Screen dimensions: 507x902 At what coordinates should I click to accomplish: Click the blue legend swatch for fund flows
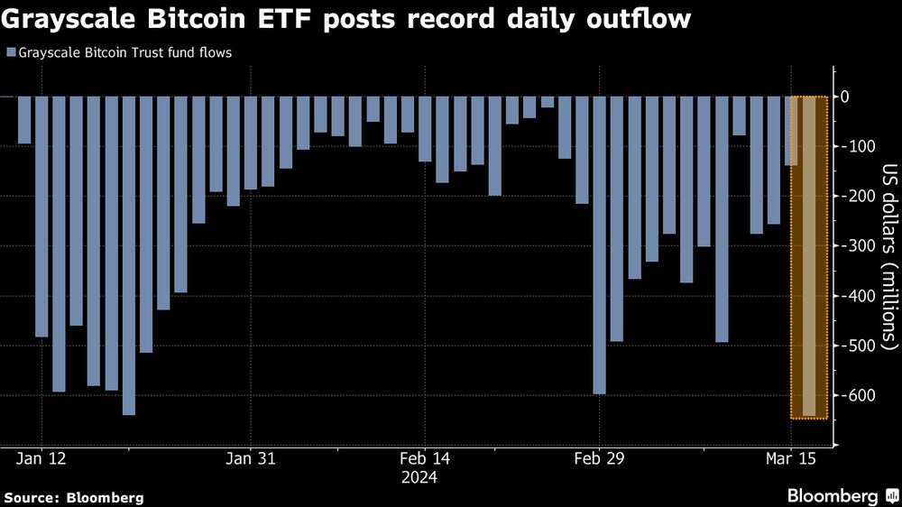click(x=10, y=53)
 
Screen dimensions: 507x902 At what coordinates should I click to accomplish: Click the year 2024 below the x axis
click(x=420, y=477)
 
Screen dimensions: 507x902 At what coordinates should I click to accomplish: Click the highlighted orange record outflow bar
click(x=809, y=257)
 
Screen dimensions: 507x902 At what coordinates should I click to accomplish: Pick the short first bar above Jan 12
click(x=23, y=120)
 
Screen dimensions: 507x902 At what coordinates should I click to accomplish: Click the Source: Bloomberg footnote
click(x=73, y=497)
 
